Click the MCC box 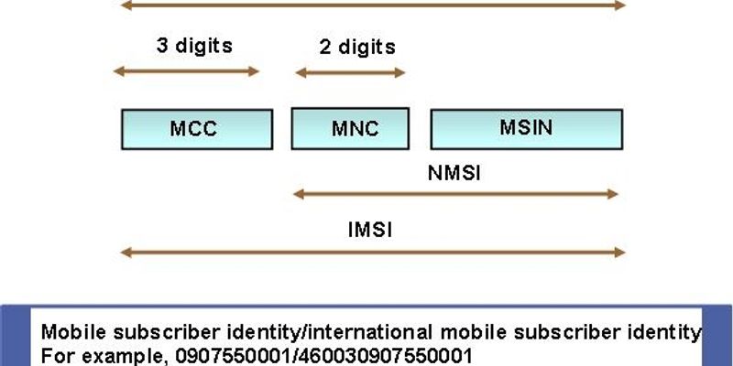click(x=196, y=128)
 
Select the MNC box click(x=355, y=128)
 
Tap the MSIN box click(x=527, y=128)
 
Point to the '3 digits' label click(x=194, y=44)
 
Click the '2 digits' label click(x=357, y=47)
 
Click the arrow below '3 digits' click(x=186, y=71)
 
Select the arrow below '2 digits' click(x=349, y=72)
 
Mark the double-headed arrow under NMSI click(x=455, y=193)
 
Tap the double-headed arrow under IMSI click(x=372, y=252)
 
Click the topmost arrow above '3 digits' click(x=372, y=5)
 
